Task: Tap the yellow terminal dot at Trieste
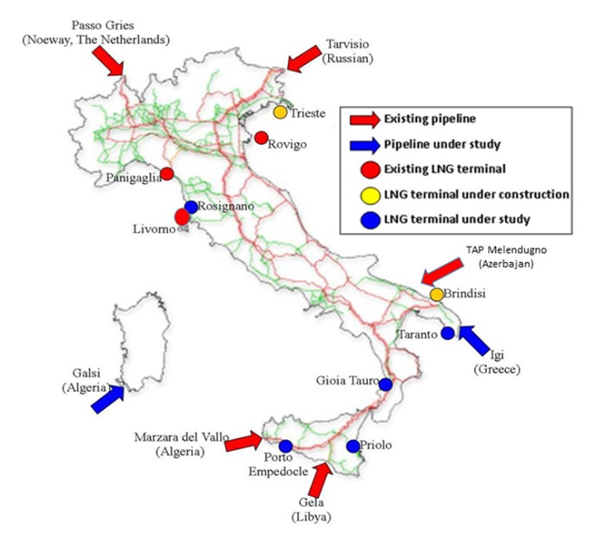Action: click(280, 112)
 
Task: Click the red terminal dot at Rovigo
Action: click(261, 138)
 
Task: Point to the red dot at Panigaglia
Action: click(166, 173)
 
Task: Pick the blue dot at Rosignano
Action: click(191, 207)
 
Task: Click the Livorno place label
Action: click(153, 228)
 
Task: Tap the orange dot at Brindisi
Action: click(436, 294)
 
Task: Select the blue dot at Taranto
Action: click(447, 333)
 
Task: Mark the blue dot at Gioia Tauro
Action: click(385, 384)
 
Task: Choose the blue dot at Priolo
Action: click(352, 445)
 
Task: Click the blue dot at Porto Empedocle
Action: click(286, 446)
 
